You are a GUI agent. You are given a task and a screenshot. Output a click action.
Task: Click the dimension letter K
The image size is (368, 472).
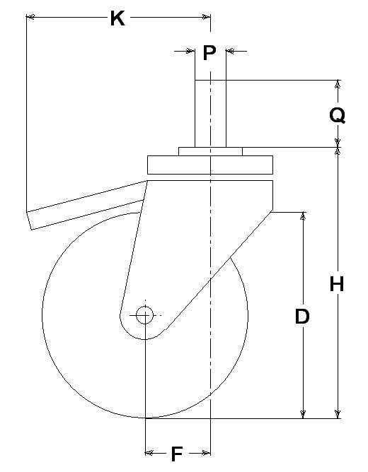click(x=117, y=18)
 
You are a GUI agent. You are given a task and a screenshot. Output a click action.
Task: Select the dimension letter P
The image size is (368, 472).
click(x=209, y=53)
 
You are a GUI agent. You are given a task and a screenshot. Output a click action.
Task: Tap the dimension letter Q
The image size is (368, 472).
click(x=338, y=116)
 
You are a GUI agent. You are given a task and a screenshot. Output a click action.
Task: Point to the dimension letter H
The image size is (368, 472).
click(x=337, y=284)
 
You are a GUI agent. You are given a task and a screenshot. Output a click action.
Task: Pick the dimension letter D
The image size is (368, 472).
click(x=302, y=317)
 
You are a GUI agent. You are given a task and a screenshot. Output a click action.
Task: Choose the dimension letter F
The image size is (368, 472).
click(x=177, y=454)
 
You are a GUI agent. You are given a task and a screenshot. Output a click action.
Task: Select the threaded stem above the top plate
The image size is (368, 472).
click(x=210, y=114)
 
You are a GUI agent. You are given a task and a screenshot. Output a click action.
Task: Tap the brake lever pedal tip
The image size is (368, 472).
click(x=30, y=220)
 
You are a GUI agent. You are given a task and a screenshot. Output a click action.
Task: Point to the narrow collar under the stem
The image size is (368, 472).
click(x=210, y=151)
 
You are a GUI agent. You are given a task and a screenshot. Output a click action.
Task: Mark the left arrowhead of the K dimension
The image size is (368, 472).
click(x=30, y=17)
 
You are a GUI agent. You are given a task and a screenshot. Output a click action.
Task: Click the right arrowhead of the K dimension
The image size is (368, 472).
click(x=206, y=17)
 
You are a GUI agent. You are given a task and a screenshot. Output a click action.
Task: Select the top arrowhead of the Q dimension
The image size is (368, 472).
click(x=338, y=84)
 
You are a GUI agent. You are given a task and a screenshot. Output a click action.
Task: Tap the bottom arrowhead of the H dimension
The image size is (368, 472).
click(x=338, y=414)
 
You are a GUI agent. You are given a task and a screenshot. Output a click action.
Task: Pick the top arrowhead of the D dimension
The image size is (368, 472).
click(x=303, y=216)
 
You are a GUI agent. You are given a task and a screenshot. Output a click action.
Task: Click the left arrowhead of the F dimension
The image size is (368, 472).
click(x=149, y=452)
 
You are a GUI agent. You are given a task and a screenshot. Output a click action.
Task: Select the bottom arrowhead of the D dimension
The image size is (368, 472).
click(x=303, y=414)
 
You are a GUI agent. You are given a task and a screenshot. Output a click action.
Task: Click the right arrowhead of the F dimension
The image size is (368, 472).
click(x=206, y=452)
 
